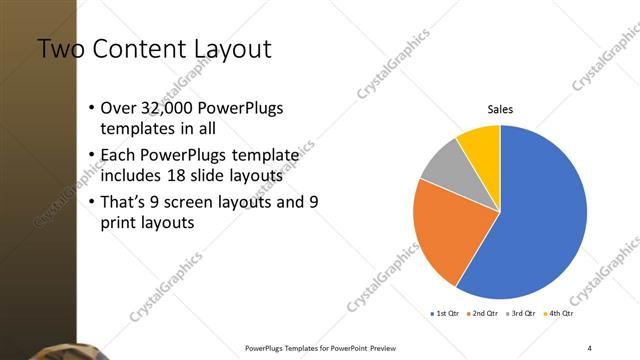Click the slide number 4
[590, 348]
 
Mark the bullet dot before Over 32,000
[91, 108]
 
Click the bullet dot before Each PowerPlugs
[91, 155]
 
